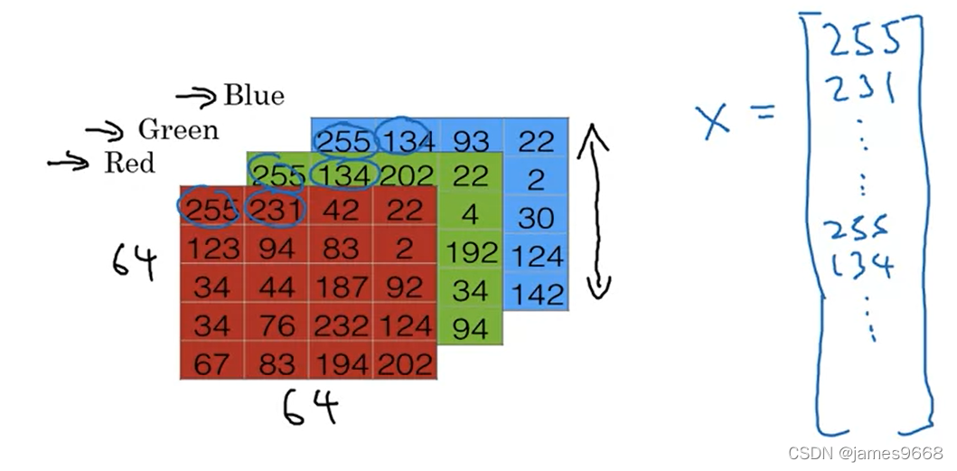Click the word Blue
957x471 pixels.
[x=254, y=95]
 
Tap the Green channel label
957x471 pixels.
[x=178, y=130]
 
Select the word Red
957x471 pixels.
[x=129, y=164]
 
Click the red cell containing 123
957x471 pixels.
[x=211, y=248]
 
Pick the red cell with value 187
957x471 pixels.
[x=341, y=287]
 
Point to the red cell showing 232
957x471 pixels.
[x=341, y=325]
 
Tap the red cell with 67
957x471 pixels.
[x=211, y=363]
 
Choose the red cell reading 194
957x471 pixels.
[x=341, y=363]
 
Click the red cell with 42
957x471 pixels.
[x=341, y=209]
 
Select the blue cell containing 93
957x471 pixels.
[x=471, y=140]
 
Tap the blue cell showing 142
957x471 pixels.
[x=536, y=294]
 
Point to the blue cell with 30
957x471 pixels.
[x=536, y=218]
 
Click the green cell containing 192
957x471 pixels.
[x=471, y=252]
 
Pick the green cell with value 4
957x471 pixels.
[x=471, y=214]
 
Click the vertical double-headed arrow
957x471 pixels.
[x=596, y=212]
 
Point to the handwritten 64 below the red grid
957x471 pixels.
[x=310, y=407]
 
